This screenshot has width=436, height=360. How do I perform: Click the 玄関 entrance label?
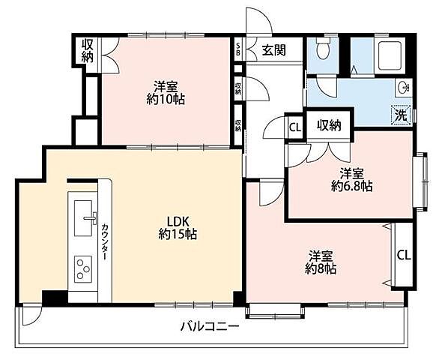(x=274, y=50)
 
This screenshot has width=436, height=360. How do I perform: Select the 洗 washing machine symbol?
(x=402, y=116)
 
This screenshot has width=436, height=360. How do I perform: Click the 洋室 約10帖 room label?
(x=166, y=91)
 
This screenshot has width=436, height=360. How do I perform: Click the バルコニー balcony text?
(x=209, y=326)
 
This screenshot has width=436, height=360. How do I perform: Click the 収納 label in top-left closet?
(x=88, y=51)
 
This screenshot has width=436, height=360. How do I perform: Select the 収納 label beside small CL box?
(x=329, y=125)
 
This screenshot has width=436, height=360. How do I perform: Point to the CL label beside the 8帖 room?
(x=403, y=255)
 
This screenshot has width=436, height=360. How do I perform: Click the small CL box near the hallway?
(x=295, y=127)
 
